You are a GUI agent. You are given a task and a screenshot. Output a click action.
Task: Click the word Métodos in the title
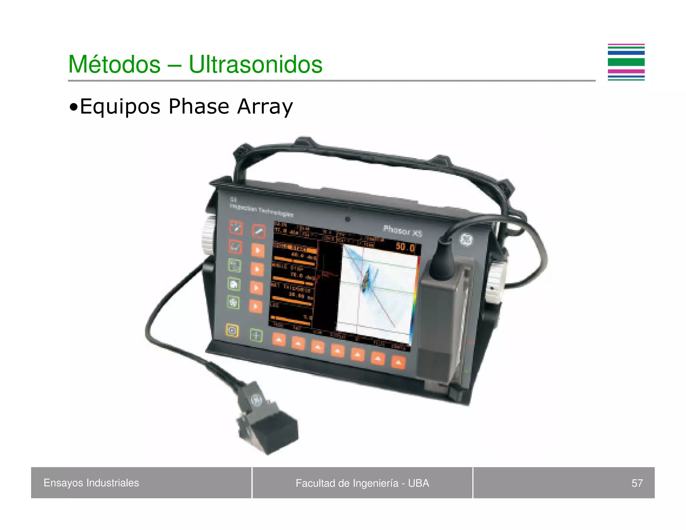pyautogui.click(x=114, y=64)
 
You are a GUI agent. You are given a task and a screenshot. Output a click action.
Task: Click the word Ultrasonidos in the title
pyautogui.click(x=255, y=64)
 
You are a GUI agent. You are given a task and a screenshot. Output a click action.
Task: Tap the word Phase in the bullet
pyautogui.click(x=199, y=107)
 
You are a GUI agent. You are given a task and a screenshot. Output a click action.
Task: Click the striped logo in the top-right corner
pyautogui.click(x=626, y=62)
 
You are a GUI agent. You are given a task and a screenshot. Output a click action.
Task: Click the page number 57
pyautogui.click(x=637, y=483)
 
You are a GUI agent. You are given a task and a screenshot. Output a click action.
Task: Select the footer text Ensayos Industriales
pyautogui.click(x=91, y=483)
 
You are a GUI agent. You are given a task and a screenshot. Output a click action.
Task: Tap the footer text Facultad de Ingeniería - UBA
pyautogui.click(x=362, y=483)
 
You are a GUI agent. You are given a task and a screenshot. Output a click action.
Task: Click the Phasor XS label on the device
pyautogui.click(x=403, y=231)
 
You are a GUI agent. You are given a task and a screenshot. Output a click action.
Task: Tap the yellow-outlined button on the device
pyautogui.click(x=232, y=331)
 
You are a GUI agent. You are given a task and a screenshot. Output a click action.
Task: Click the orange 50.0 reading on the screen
pyautogui.click(x=405, y=247)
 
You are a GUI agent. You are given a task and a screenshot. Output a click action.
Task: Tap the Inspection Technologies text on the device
pyautogui.click(x=261, y=210)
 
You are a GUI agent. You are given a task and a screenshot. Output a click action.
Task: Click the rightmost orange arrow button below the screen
pyautogui.click(x=398, y=362)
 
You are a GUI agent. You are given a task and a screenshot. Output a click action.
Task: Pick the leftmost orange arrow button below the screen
pyautogui.click(x=279, y=340)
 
